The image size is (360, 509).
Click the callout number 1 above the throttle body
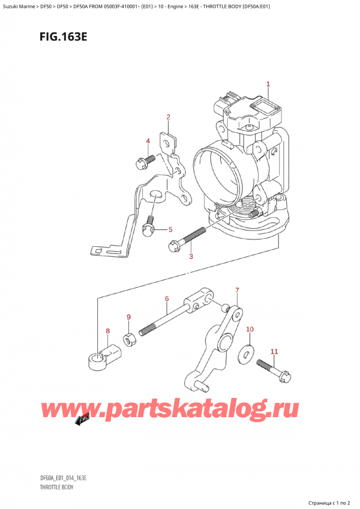pyautogui.click(x=268, y=84)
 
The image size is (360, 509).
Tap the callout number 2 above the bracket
pyautogui.click(x=168, y=117)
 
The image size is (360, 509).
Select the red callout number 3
pyautogui.click(x=191, y=256)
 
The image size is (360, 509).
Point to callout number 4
pyautogui.click(x=148, y=141)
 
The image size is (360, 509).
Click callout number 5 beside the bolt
pyautogui.click(x=170, y=230)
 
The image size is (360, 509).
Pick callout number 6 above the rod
pyautogui.click(x=167, y=299)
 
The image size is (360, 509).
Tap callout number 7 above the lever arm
pyautogui.click(x=237, y=290)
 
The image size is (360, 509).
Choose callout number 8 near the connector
pyautogui.click(x=108, y=331)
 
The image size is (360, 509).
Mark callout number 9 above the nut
pyautogui.click(x=128, y=317)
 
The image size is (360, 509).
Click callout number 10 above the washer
pyautogui.click(x=250, y=330)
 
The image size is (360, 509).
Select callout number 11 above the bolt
pyautogui.click(x=274, y=352)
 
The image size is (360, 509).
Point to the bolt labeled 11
pyautogui.click(x=274, y=370)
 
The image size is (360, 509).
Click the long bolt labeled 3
pyautogui.click(x=187, y=239)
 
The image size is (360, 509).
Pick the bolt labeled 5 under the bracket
pyautogui.click(x=149, y=226)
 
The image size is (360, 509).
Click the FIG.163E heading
pyautogui.click(x=64, y=37)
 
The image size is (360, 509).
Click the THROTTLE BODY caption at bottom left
pyautogui.click(x=57, y=487)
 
